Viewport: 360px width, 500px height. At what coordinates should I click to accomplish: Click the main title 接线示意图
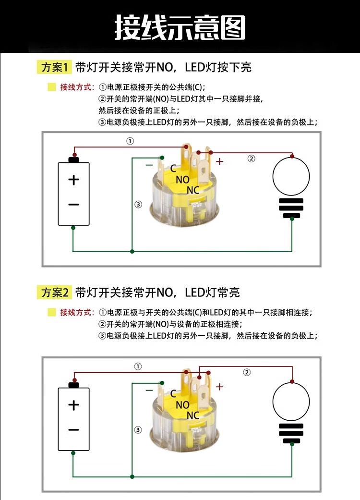pyautogui.click(x=180, y=28)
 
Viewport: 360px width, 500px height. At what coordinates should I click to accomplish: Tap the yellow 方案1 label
pyautogui.click(x=54, y=67)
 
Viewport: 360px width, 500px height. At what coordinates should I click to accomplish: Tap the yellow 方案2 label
pyautogui.click(x=54, y=292)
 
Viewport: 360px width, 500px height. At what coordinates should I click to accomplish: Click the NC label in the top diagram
pyautogui.click(x=193, y=190)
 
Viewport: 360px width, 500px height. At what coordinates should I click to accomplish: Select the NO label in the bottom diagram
pyautogui.click(x=182, y=405)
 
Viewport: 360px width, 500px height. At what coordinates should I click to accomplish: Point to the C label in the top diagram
pyautogui.click(x=173, y=169)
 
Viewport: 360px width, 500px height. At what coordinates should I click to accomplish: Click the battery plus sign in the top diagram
pyautogui.click(x=73, y=180)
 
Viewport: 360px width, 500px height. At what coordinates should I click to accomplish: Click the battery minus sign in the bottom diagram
pyautogui.click(x=73, y=429)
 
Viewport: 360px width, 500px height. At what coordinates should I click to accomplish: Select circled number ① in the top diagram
pyautogui.click(x=130, y=141)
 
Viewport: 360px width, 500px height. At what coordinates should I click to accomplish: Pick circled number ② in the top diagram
pyautogui.click(x=251, y=159)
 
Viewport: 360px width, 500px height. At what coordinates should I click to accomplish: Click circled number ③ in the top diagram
pyautogui.click(x=138, y=205)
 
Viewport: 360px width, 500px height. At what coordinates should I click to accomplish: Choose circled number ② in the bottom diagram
pyautogui.click(x=247, y=372)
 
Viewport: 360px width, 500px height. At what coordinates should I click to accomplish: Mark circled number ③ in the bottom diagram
pyautogui.click(x=138, y=430)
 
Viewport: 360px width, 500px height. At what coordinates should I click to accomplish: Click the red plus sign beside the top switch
pyautogui.click(x=219, y=162)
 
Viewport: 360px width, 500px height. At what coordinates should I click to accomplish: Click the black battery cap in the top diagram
pyautogui.click(x=73, y=159)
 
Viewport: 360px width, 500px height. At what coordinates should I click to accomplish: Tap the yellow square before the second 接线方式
pyautogui.click(x=52, y=313)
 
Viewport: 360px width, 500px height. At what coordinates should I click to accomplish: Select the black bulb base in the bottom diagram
pyautogui.click(x=291, y=433)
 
